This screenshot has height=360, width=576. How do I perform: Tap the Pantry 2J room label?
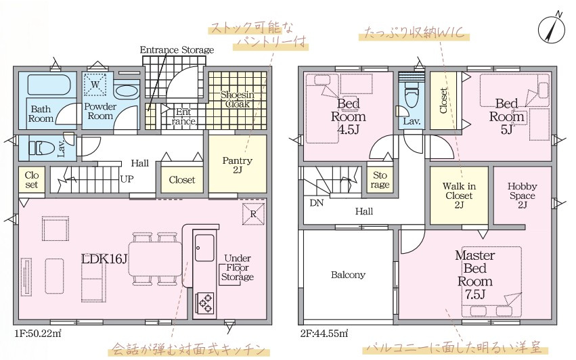(238, 165)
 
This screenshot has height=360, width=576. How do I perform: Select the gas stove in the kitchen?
(205, 301)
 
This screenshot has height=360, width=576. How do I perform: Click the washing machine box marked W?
(95, 85)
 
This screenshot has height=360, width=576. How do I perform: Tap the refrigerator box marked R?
(253, 213)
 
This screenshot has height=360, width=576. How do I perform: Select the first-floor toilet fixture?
(41, 148)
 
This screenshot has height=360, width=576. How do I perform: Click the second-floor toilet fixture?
(411, 94)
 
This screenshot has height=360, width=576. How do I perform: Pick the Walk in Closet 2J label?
(459, 196)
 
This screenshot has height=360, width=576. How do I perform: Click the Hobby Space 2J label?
(522, 196)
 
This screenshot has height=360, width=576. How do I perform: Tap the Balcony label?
(348, 275)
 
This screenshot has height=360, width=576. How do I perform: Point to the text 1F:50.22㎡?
(38, 334)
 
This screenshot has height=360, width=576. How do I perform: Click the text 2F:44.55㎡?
(324, 334)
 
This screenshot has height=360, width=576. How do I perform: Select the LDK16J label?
(104, 259)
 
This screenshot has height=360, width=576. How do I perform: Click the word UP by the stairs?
(127, 179)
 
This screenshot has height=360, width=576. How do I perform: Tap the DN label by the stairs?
(316, 203)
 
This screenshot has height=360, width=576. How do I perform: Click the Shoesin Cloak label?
(238, 99)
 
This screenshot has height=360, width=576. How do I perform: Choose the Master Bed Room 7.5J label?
(475, 275)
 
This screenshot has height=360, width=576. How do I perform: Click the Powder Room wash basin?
(126, 91)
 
